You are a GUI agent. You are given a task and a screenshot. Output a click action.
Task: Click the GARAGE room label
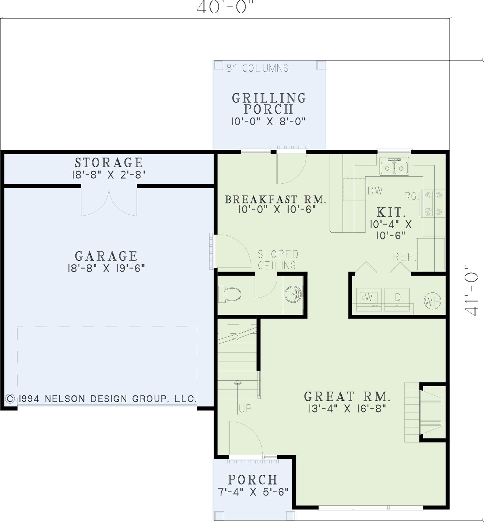point(106,256)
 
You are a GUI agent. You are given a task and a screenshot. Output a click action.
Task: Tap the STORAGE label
point(109,162)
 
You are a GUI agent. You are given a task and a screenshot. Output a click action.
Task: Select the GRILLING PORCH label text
point(269,104)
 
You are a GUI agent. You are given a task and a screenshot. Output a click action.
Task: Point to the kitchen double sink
point(394,166)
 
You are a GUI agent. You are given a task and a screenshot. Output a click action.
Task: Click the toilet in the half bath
point(230,294)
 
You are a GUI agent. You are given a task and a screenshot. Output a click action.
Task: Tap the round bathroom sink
point(293,294)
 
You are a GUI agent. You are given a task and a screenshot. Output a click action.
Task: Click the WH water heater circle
point(432,301)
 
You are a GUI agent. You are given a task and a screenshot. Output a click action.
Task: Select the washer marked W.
point(369,299)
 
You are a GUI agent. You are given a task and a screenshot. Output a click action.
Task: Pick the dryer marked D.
point(397,299)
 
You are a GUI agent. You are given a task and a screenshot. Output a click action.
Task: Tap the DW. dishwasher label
point(376,191)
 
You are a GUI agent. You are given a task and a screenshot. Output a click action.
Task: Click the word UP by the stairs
point(245,408)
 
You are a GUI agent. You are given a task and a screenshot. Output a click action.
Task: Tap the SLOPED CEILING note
point(278,259)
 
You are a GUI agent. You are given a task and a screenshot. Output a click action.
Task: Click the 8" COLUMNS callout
point(257,68)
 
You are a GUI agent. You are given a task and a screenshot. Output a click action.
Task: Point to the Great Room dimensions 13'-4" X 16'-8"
point(347,409)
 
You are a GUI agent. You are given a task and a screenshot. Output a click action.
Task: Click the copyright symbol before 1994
point(10,399)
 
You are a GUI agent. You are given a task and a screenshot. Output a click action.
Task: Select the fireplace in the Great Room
point(425,412)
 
